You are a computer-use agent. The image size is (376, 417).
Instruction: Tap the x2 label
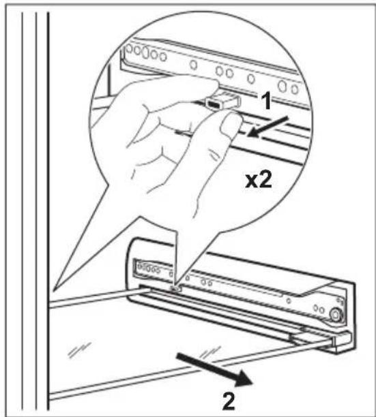pos(259,181)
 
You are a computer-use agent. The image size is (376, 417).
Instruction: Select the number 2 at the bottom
pos(229,402)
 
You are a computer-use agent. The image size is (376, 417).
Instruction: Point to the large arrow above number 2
pos(215,369)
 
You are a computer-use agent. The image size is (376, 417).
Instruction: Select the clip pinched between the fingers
pos(223,101)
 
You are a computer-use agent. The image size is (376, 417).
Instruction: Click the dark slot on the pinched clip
pos(214,104)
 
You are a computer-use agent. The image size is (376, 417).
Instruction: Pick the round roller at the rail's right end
pos(335,314)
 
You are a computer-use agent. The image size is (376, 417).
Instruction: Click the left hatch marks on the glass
pos(79,350)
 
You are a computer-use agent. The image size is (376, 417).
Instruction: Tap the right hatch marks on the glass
pos(210,352)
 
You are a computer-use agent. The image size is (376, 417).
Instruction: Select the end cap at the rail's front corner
pos(342,342)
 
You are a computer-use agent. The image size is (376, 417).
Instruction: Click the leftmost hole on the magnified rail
pos(129,49)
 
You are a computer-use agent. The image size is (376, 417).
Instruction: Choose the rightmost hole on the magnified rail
pos(295,89)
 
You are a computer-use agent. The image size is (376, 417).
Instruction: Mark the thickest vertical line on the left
pos(48,210)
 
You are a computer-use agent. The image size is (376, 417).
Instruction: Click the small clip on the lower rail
pos(176,288)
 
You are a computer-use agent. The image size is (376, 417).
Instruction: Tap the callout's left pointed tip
pos(53,290)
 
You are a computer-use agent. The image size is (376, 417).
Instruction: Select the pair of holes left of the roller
pos(319,309)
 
